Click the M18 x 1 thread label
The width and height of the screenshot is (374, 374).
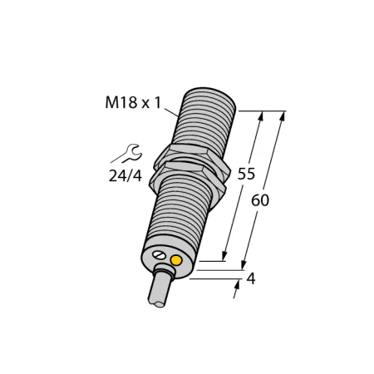[133, 102]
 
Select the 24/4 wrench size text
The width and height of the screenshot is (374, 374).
[125, 176]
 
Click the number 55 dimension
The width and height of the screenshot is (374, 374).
[246, 174]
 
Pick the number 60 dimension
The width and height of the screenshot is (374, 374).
[260, 200]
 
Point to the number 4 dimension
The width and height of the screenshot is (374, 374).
[251, 278]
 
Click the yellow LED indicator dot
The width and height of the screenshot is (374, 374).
[176, 260]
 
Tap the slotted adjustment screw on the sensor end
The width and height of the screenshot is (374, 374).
[160, 255]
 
